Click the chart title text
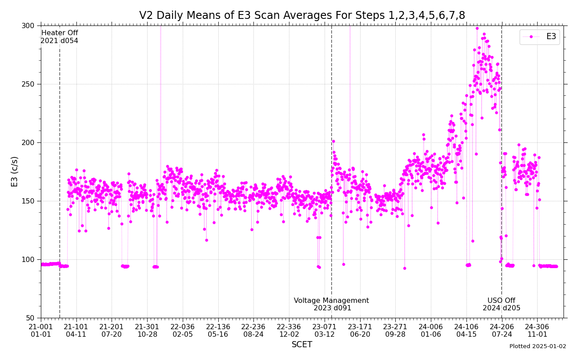[x=302, y=16]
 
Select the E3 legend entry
[x=540, y=37]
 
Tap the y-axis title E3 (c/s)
[x=15, y=171]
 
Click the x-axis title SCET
[x=302, y=345]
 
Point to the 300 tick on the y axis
[x=28, y=25]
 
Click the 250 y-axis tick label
[x=28, y=84]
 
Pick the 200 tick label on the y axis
[x=28, y=142]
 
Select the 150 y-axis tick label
[x=28, y=201]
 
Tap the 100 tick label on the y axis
[x=28, y=259]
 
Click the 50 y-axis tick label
[x=30, y=318]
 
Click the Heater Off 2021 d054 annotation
[x=59, y=37]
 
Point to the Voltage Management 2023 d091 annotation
[x=332, y=304]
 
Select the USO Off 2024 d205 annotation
[x=502, y=304]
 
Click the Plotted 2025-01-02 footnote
[x=538, y=346]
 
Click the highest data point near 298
[x=477, y=28]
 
